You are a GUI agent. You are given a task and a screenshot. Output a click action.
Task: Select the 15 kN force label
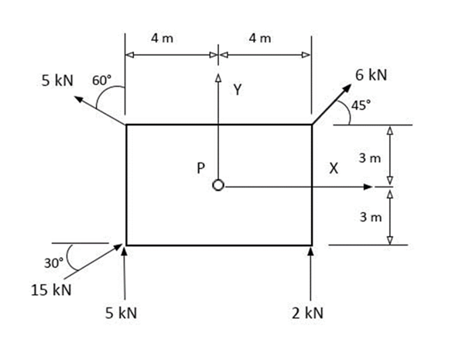point(52,290)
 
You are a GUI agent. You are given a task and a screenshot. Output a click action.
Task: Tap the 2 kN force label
point(308,314)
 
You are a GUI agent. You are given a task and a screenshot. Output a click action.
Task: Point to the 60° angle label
point(102,80)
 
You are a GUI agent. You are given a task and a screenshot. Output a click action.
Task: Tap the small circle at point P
point(219,186)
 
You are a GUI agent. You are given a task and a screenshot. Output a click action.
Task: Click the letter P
point(200,167)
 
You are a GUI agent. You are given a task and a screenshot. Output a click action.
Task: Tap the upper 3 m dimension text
point(371,159)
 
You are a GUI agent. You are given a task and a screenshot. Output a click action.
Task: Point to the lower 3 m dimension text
point(371,217)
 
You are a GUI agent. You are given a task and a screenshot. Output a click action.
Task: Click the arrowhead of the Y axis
point(219,78)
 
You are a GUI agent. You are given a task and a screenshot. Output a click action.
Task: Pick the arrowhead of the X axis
point(369,187)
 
